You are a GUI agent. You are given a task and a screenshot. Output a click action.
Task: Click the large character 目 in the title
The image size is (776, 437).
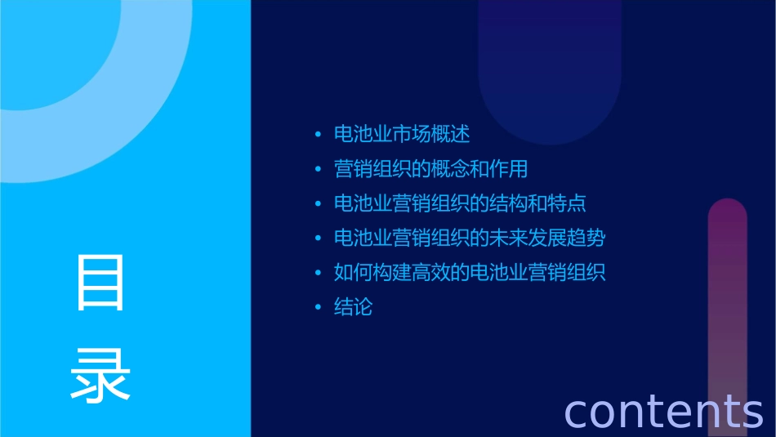100,283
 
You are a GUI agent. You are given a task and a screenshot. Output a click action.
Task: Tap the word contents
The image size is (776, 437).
663,411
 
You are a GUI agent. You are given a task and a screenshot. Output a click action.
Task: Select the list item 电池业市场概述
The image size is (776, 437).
402,134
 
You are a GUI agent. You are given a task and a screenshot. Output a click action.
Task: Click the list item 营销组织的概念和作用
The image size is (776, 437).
431,169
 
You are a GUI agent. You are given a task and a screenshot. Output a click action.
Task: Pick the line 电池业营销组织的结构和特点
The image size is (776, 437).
460,203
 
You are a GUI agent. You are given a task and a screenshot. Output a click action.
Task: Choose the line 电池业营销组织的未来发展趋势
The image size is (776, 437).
470,239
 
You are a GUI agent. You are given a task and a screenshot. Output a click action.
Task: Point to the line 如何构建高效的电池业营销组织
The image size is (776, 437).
470,273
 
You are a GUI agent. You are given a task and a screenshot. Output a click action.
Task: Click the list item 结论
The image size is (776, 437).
353,308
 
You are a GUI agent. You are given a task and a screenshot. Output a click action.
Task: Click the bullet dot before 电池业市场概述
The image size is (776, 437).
319,135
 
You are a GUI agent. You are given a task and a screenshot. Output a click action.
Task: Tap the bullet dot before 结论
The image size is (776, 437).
319,309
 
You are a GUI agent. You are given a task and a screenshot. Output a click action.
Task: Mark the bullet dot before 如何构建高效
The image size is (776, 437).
319,274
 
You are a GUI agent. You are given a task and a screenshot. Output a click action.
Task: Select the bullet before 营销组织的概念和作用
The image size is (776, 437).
319,170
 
